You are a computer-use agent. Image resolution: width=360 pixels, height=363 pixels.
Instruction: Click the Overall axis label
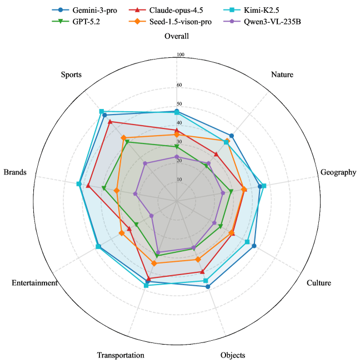[x=177, y=37]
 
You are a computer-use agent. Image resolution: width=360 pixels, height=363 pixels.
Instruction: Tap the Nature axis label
[x=282, y=74]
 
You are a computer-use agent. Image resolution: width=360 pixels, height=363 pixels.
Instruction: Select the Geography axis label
[x=338, y=172]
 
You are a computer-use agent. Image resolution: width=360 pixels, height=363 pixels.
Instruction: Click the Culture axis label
[x=318, y=283]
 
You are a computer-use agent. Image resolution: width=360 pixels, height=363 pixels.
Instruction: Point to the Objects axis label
[x=232, y=355]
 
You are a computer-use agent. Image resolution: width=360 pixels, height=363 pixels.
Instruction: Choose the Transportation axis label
[x=121, y=355]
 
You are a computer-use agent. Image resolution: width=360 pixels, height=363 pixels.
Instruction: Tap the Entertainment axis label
[x=34, y=283]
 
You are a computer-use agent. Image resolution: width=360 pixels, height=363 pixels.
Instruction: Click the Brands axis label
[x=15, y=172]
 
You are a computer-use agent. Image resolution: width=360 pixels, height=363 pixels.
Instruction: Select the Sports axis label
[x=71, y=74]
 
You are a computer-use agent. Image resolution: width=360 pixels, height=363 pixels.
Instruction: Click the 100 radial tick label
[x=180, y=54]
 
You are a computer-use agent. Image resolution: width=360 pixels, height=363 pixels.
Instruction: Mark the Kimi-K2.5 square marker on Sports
[x=101, y=112]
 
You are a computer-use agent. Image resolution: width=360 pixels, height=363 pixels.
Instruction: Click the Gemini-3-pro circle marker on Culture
[x=254, y=245]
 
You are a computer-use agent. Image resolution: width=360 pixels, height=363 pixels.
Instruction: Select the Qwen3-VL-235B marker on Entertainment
[x=152, y=215]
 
